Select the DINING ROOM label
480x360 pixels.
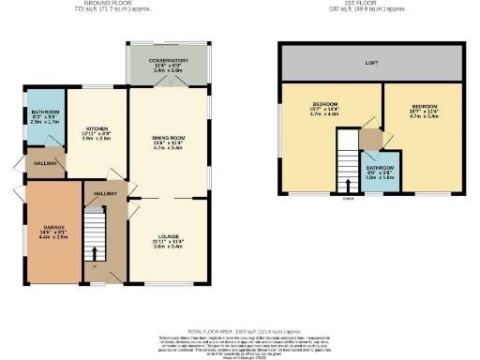click(169, 138)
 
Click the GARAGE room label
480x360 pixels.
click(53, 228)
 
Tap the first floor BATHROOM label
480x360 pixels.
click(379, 169)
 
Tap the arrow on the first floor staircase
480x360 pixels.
click(348, 184)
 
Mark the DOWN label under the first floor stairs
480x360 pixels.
click(348, 198)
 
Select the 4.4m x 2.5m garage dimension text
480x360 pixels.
click(53, 239)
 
